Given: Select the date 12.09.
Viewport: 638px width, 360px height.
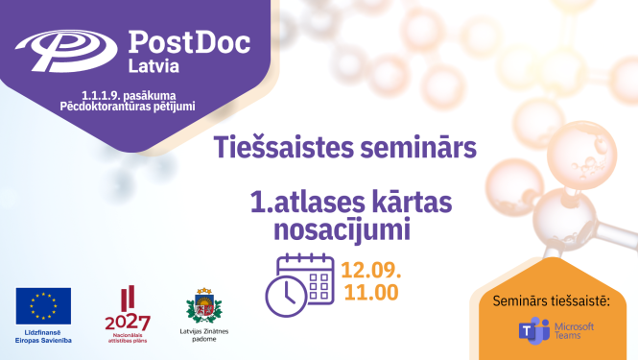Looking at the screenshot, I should pyautogui.click(x=368, y=268).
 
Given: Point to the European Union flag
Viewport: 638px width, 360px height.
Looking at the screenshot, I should pyautogui.click(x=42, y=303).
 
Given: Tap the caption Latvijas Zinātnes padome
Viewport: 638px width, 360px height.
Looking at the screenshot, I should pyautogui.click(x=203, y=336).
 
